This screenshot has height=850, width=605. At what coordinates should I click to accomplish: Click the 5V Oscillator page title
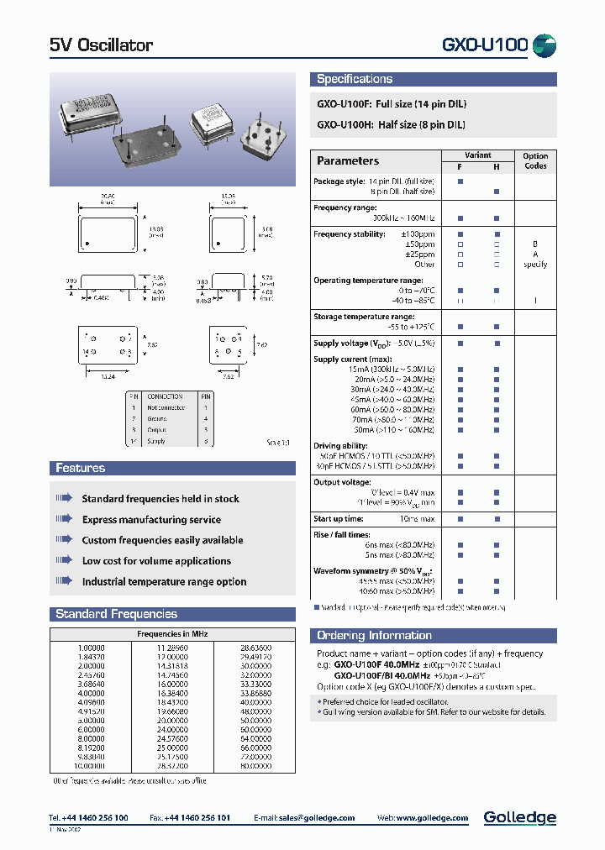tap(102, 45)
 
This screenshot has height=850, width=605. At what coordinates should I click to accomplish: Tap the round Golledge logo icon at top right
tap(545, 45)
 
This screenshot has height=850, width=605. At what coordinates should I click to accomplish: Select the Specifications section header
tap(355, 79)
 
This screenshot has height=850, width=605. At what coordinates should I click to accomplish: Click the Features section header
tap(81, 468)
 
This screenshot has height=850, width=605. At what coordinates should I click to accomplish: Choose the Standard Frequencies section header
tap(116, 614)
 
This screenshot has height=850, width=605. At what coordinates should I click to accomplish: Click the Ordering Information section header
tap(374, 636)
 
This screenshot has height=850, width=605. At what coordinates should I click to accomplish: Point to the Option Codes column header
tap(535, 160)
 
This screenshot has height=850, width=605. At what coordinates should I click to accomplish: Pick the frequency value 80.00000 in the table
tap(255, 765)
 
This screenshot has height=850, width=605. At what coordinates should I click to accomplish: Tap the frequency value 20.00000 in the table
tap(172, 720)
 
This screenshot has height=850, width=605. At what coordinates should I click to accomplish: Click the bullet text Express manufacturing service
tap(151, 520)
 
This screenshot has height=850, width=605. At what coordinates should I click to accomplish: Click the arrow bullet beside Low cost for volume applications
tap(65, 560)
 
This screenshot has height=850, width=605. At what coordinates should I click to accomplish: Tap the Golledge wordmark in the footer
tap(519, 817)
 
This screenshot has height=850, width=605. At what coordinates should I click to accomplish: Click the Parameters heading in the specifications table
tap(348, 160)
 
